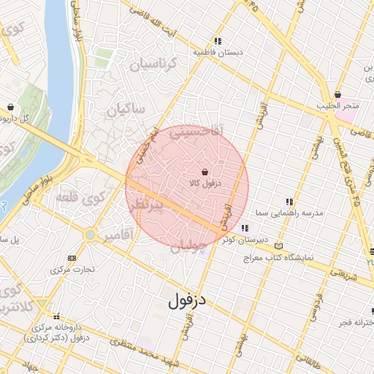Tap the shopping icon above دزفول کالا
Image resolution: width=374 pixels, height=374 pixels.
click(203, 171)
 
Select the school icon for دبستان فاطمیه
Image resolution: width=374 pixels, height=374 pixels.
click(218, 41)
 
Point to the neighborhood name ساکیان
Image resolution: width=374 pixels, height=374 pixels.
click(126, 110)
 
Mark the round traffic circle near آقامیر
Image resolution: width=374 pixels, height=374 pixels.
click(90, 235)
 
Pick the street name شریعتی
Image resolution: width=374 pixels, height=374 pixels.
click(344, 271)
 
